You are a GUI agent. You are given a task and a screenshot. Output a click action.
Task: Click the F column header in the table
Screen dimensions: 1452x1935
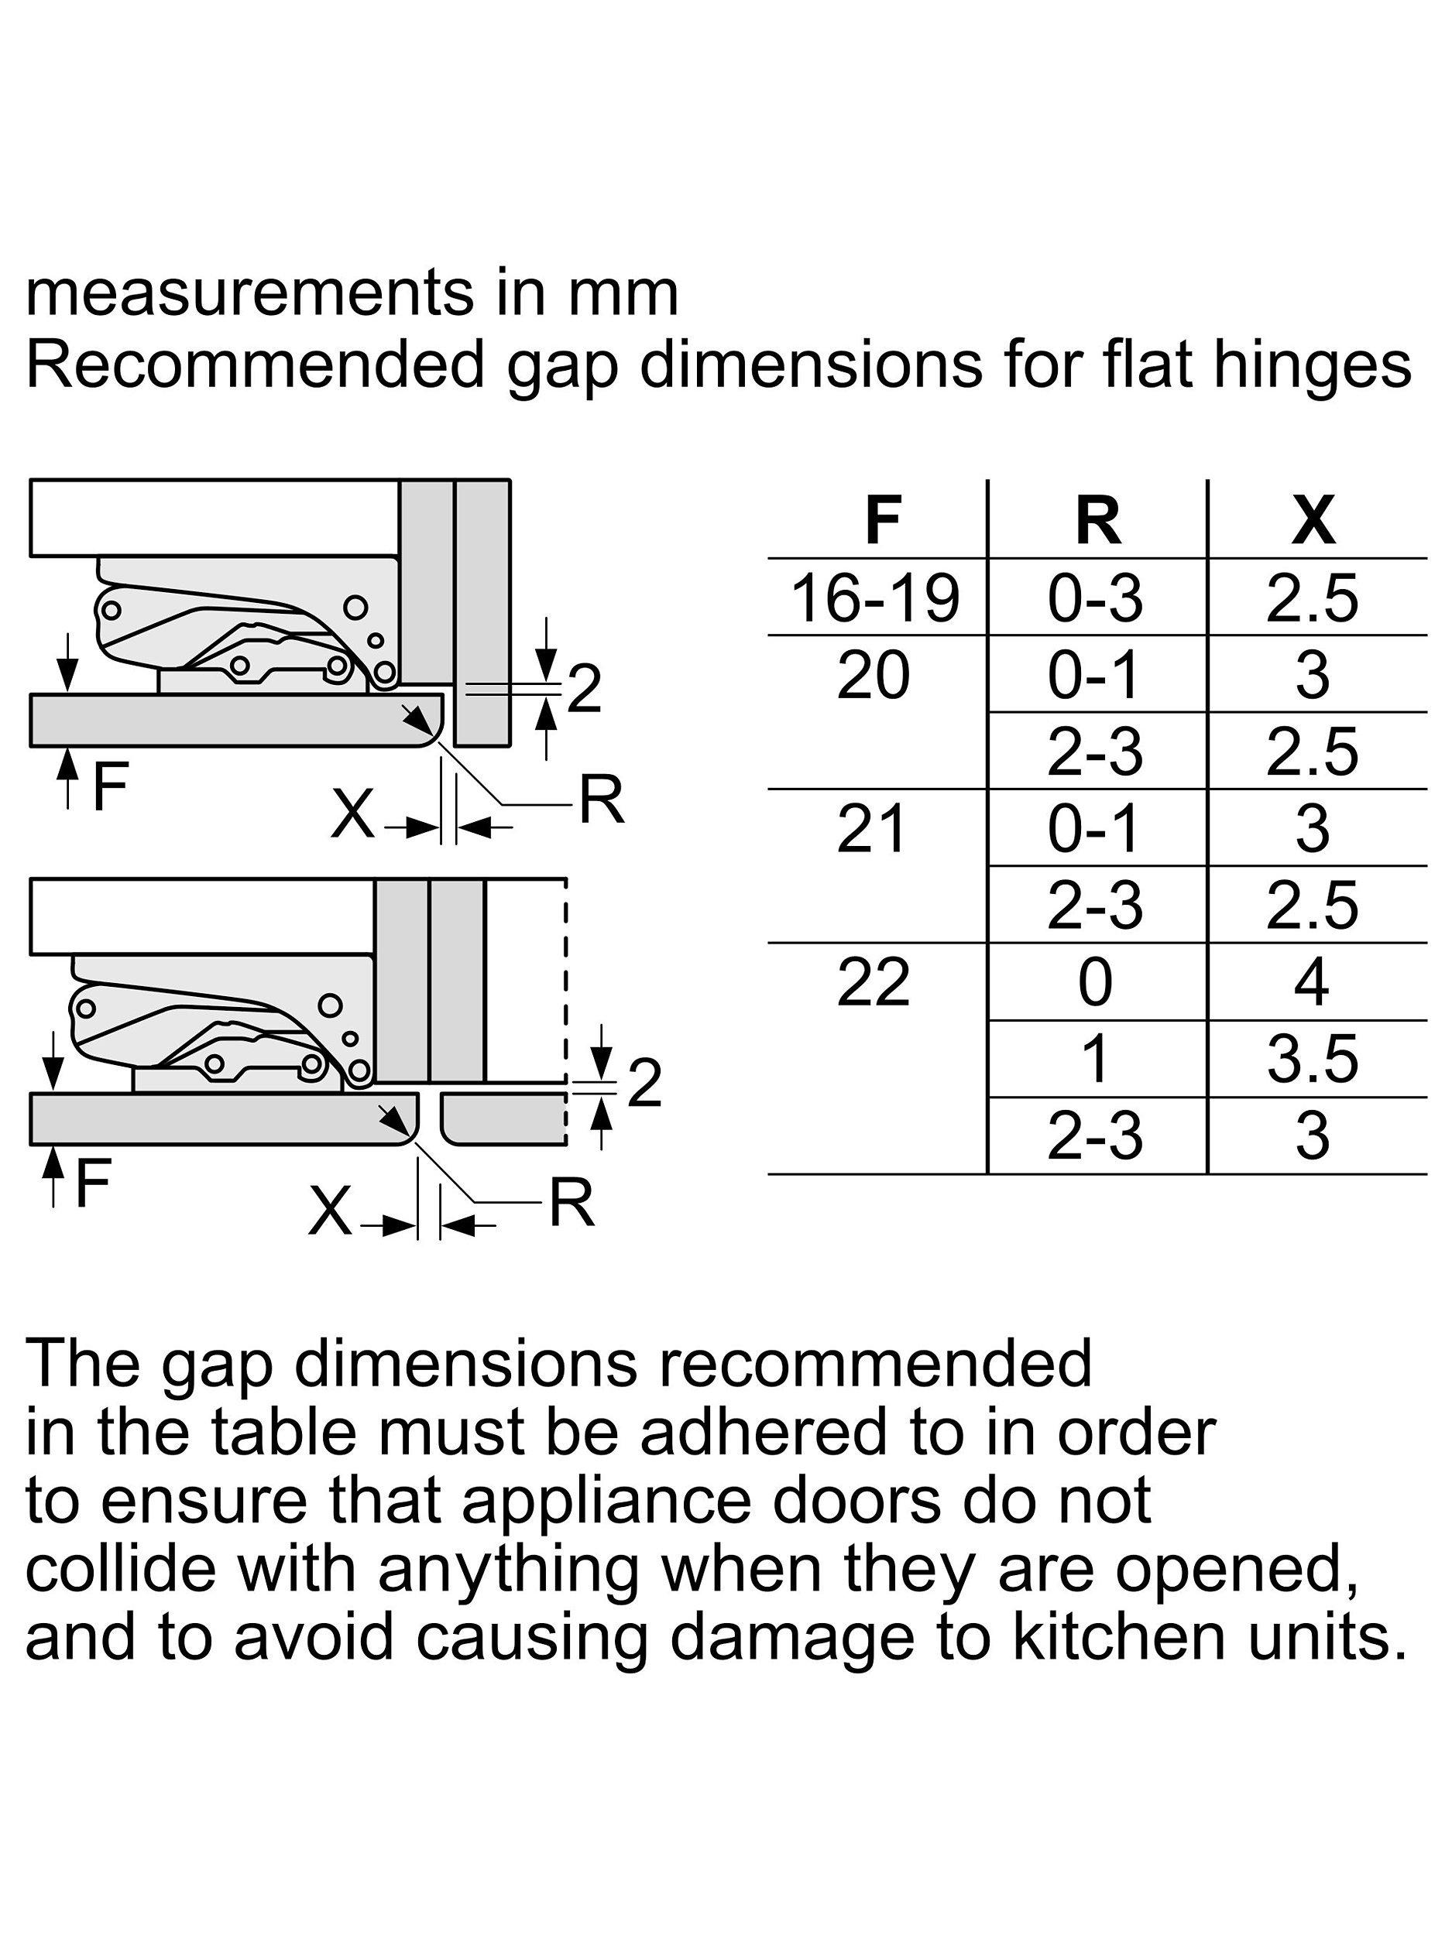(882, 520)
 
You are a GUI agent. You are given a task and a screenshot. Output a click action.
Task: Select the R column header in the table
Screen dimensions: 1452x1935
(1097, 520)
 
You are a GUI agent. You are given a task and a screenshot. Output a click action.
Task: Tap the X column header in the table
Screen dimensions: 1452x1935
(1313, 520)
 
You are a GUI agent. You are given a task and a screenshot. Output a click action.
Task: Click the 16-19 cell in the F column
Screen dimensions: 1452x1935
(875, 598)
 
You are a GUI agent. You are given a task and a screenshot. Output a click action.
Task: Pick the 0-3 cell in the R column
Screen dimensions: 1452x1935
(1096, 598)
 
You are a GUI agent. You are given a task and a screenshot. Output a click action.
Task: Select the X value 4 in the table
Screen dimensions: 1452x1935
(1311, 982)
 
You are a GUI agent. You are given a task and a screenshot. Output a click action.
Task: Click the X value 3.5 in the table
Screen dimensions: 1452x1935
(1313, 1060)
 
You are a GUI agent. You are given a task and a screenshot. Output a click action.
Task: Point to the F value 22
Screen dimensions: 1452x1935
(874, 982)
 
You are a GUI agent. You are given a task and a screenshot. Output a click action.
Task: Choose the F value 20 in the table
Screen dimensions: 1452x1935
(874, 676)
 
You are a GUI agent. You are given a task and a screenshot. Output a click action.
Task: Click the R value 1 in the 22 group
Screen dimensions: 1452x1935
(1096, 1060)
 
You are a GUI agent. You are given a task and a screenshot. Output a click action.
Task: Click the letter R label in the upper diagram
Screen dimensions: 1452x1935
(603, 800)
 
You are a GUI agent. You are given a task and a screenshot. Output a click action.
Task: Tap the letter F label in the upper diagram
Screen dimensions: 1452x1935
(110, 786)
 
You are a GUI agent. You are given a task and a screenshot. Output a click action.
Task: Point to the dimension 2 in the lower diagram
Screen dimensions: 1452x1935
(645, 1084)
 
